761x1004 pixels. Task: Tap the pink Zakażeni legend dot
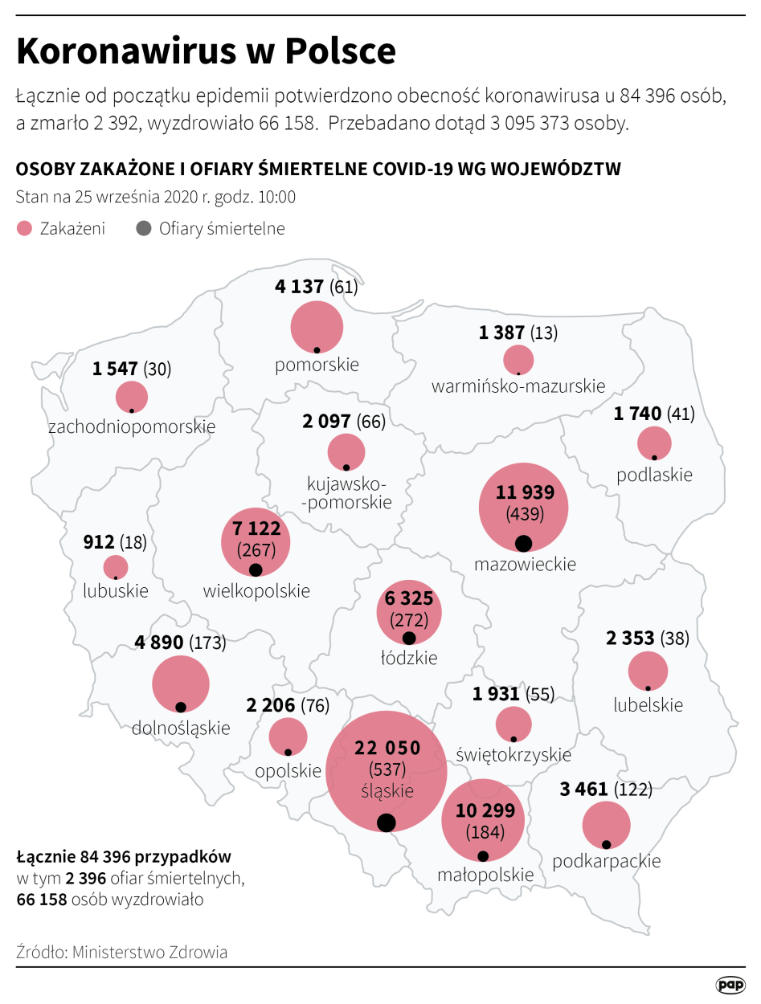(24, 229)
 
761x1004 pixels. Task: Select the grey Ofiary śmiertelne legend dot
(144, 229)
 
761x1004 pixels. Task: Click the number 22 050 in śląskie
(387, 749)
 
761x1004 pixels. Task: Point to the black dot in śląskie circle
(386, 822)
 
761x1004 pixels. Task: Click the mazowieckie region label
(525, 564)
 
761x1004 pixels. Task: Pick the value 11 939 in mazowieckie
(524, 492)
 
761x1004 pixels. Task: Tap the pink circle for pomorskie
(317, 326)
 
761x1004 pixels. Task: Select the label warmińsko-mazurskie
(518, 386)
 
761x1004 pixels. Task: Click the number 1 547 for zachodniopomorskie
(115, 369)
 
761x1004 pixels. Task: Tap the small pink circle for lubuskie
(116, 567)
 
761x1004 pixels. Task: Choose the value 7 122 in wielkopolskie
(256, 529)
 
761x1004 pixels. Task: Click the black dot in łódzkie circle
(408, 639)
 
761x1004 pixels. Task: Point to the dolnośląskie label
(180, 729)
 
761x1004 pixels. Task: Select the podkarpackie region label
(606, 861)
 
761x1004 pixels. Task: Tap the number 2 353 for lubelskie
(630, 639)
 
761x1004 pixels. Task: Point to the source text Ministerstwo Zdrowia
(149, 953)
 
